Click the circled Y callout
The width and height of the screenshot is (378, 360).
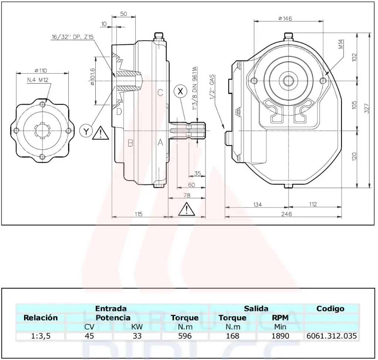pos(86,131)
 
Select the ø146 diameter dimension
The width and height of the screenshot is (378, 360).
pos(285,18)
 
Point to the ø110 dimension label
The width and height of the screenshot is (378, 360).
pos(42,70)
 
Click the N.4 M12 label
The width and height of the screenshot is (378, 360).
pos(38,80)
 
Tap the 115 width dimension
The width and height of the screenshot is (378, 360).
pos(139,214)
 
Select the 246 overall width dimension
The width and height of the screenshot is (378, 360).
pos(286,214)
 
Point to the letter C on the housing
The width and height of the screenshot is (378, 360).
pos(160,93)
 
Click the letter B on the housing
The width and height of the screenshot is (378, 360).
pos(130,143)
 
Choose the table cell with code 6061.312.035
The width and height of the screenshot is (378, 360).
pos(331,336)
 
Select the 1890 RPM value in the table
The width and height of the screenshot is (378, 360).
pos(280,336)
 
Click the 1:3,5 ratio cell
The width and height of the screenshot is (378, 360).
pos(41,336)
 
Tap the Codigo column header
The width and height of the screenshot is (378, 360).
pos(330,309)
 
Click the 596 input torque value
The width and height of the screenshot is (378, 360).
pos(184,336)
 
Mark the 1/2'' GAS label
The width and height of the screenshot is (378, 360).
pos(212,88)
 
